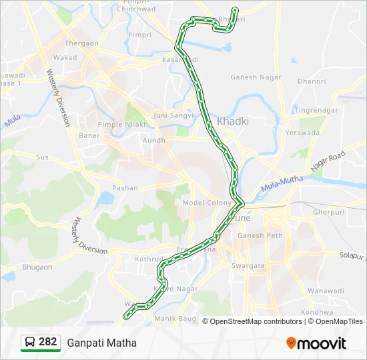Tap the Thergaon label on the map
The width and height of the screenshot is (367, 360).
81,44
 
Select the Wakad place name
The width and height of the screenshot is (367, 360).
65,58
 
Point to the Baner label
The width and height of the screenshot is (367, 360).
89,136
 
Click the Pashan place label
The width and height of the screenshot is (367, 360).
125,188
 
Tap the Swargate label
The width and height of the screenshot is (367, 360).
248,265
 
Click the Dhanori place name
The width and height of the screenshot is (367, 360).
312,82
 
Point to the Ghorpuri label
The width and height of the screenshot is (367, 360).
329,212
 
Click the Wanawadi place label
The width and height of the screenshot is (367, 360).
326,291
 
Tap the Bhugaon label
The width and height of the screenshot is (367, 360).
37,267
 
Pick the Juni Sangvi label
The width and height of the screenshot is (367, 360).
173,115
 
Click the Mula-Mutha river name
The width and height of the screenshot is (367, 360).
282,184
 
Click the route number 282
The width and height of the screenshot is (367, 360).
47,342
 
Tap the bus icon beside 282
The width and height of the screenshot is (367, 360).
30,342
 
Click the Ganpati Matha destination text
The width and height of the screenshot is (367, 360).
101,343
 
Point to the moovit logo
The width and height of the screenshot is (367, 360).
316,343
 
